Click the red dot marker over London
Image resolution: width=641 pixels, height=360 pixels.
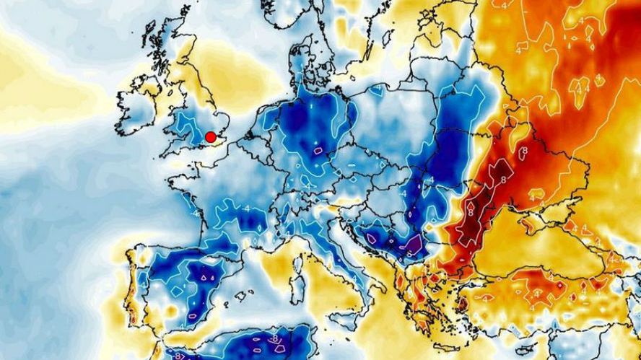[211, 137]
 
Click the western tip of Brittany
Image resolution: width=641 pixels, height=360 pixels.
[167, 173]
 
